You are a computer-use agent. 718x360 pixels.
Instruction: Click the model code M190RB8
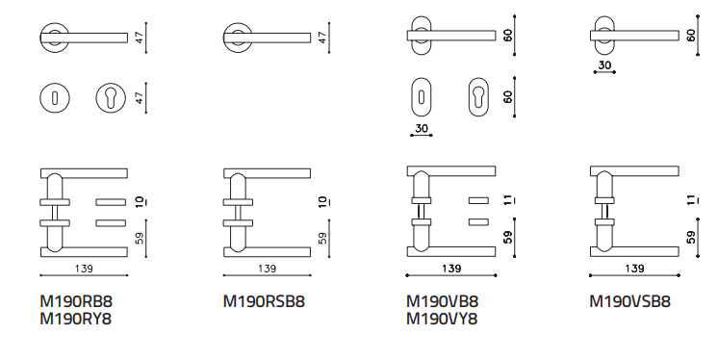[x=76, y=301]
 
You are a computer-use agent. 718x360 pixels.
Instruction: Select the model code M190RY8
[x=76, y=319]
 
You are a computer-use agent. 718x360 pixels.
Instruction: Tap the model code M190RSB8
[x=264, y=301]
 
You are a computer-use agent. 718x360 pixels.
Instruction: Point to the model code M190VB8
[x=443, y=301]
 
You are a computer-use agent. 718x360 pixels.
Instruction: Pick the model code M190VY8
[x=443, y=319]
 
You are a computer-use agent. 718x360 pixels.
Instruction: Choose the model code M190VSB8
[x=630, y=301]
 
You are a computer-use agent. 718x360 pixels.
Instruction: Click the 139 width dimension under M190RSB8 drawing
[x=267, y=269]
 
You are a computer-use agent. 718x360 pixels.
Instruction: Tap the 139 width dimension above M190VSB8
[x=634, y=269]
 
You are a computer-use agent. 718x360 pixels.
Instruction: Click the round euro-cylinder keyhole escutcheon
[x=111, y=98]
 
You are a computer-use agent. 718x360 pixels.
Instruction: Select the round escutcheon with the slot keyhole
[x=55, y=98]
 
